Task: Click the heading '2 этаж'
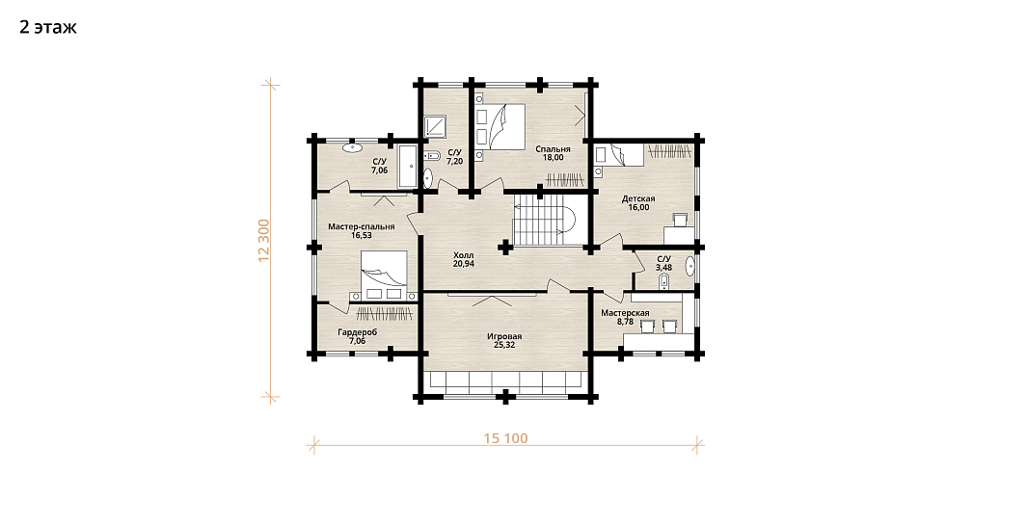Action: coord(48,28)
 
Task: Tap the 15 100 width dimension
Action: coord(505,438)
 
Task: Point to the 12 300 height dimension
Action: coord(264,240)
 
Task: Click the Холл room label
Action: coord(463,255)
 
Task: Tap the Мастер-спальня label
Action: coord(362,226)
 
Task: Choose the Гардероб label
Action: coord(357,332)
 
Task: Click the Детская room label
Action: coord(638,199)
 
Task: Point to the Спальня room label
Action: coord(553,149)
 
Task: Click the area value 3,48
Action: coord(664,268)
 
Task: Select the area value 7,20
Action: coord(454,160)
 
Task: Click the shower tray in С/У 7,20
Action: coord(435,126)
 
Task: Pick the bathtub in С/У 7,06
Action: coord(409,167)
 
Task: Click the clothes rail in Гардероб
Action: coord(386,313)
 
